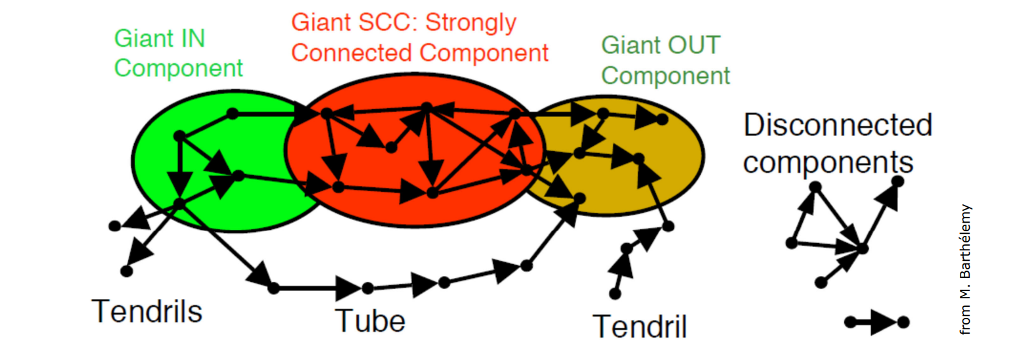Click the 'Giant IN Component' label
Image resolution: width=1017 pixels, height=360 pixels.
pos(178,53)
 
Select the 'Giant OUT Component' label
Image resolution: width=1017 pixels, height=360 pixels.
pos(665,60)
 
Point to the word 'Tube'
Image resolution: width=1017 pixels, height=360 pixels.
pos(370,320)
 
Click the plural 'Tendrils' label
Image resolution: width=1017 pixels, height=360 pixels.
pos(147,311)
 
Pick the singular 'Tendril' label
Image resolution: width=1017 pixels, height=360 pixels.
pos(639,325)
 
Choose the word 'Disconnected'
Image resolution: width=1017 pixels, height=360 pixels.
pos(838,125)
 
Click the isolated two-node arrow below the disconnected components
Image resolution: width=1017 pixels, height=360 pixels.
pos(876,323)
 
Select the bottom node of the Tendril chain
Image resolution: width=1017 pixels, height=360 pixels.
pos(615,294)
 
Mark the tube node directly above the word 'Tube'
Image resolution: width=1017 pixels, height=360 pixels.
pos(367,288)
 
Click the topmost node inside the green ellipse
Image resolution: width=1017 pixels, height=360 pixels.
pos(231,114)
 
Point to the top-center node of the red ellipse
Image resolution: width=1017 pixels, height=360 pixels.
pos(426,107)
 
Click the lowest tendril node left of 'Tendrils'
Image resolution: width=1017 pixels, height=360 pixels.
pos(127,270)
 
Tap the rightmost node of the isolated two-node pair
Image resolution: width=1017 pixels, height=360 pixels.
pos(903,323)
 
